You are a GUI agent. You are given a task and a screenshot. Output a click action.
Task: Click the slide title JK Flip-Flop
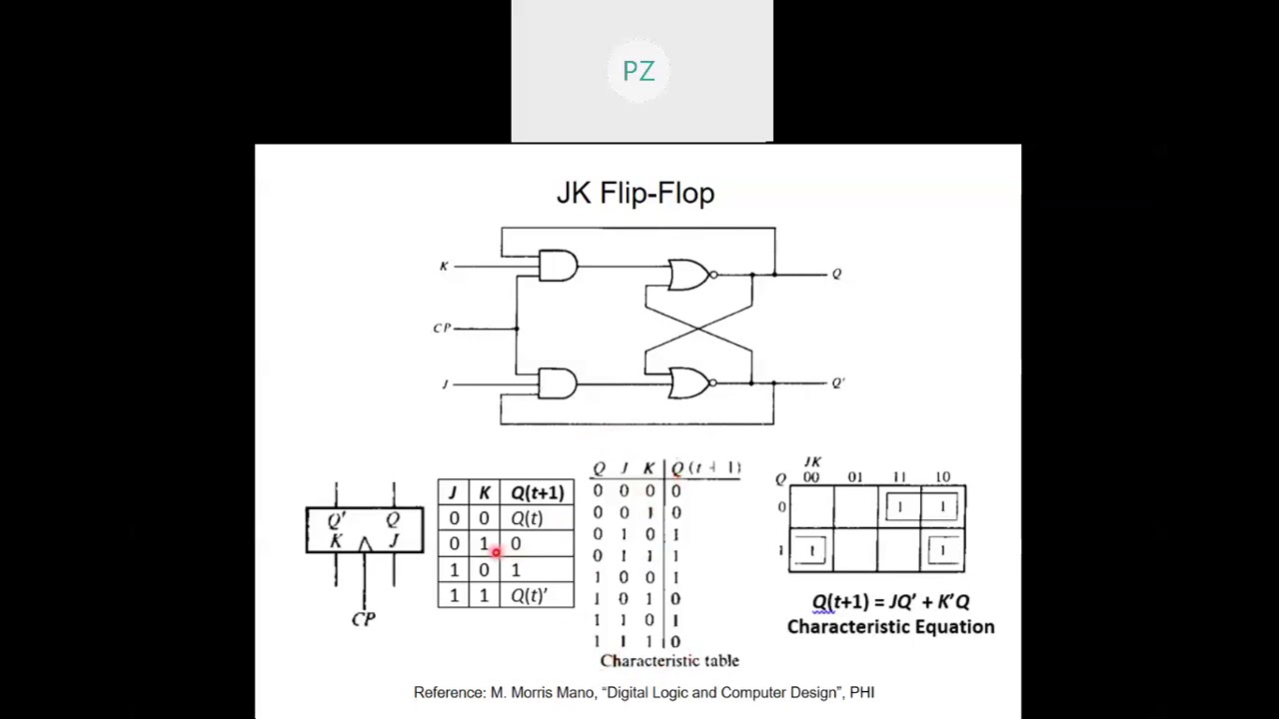coord(636,193)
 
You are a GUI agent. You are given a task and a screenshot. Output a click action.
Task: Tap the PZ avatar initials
coord(639,71)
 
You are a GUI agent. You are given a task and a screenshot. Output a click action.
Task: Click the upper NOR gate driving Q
coord(689,275)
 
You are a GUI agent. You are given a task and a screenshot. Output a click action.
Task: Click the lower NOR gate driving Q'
coord(689,382)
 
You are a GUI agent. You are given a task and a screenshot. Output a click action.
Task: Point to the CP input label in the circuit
coord(442,328)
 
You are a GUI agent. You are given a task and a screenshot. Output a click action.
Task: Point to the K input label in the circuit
coord(444,266)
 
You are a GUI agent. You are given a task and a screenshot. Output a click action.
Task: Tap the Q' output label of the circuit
coord(837,382)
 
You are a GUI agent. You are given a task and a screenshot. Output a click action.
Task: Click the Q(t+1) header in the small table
coord(538,492)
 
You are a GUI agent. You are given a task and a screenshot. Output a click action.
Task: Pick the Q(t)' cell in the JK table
coord(529,595)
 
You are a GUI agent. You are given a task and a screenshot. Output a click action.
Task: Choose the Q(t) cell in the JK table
coord(527,518)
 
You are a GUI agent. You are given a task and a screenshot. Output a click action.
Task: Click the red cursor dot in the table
coord(496,551)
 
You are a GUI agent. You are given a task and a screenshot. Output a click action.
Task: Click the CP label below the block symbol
coord(364,619)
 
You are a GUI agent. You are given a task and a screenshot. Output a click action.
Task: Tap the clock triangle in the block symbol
coord(365,544)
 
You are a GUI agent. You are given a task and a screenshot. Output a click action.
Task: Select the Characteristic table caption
coord(669,660)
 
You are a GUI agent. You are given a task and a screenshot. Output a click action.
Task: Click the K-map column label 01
coord(855,477)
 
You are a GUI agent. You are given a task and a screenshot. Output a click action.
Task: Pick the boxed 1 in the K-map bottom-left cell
coord(810,550)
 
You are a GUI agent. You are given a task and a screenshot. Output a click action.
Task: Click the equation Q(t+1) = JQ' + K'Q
coord(890,601)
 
